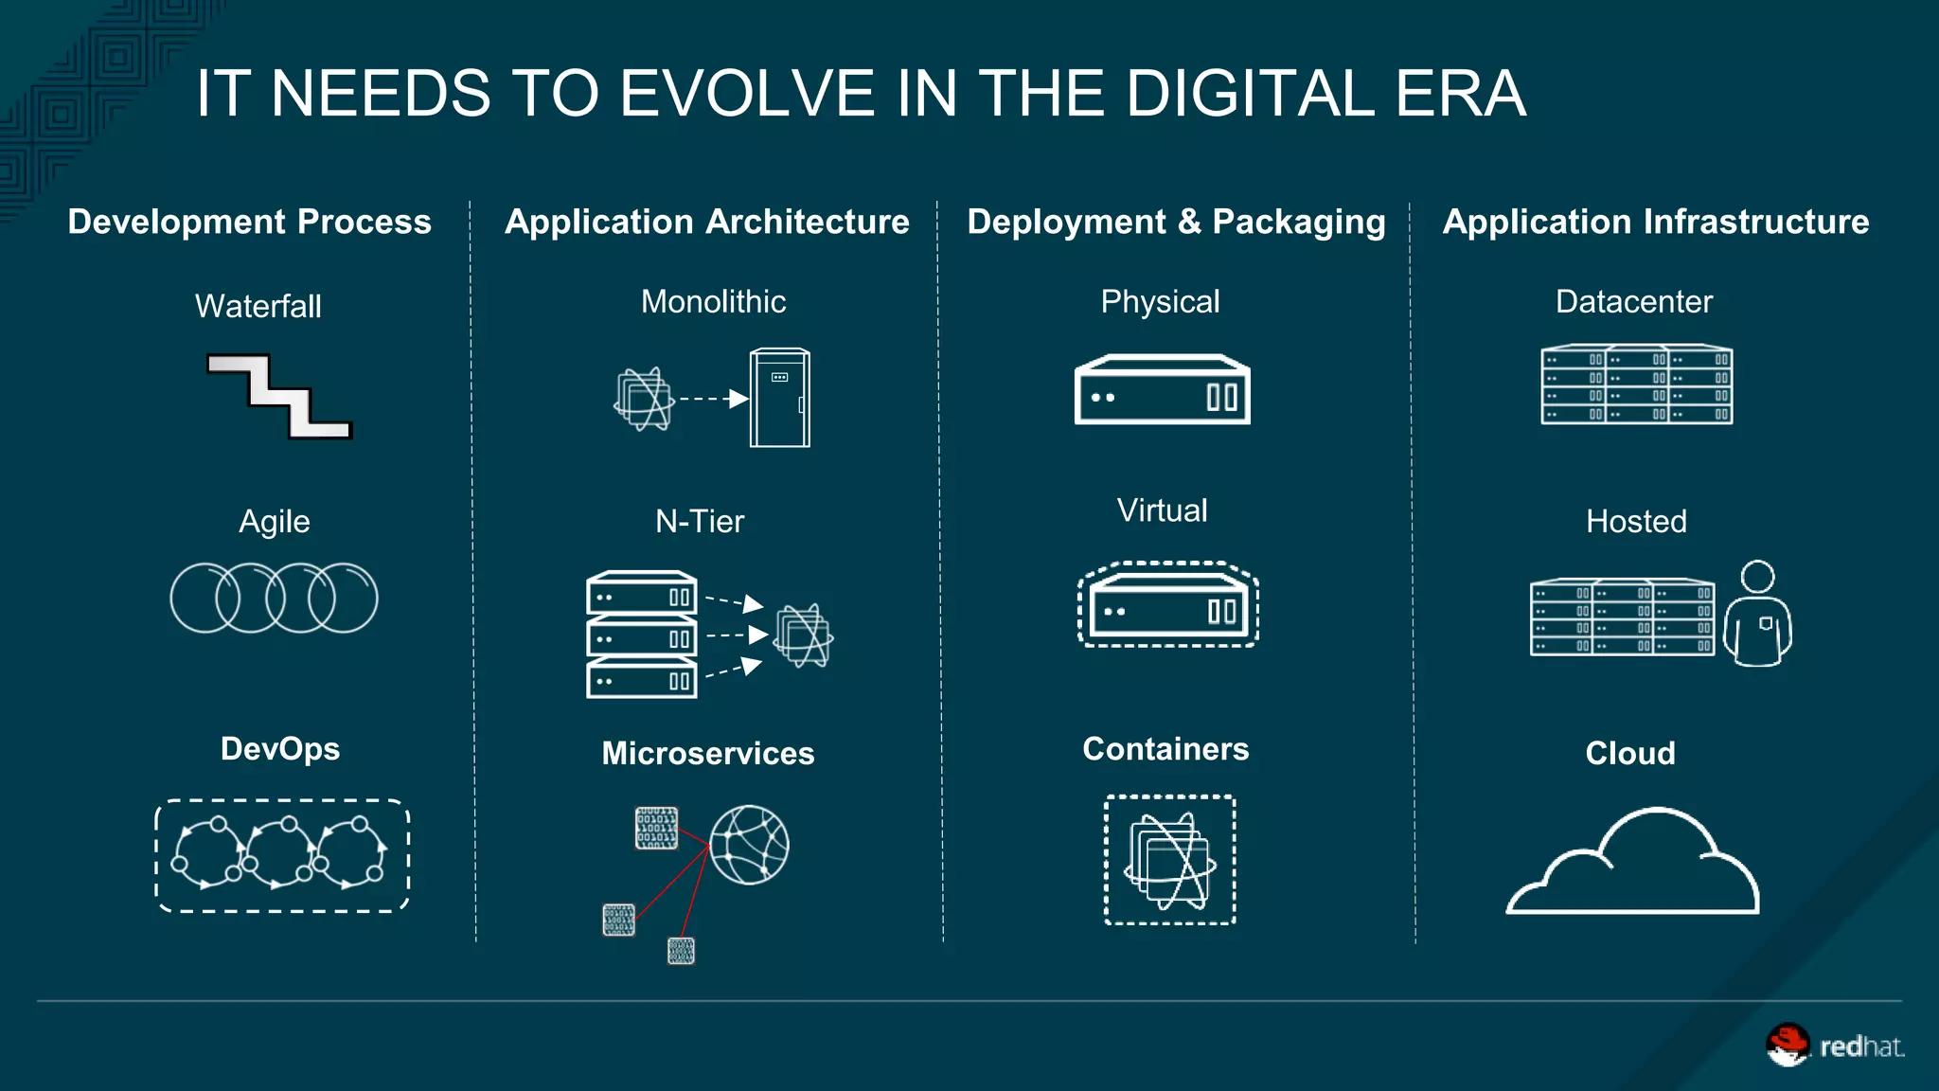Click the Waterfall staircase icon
pyautogui.click(x=279, y=396)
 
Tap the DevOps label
pyautogui.click(x=280, y=749)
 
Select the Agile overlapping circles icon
pyautogui.click(x=274, y=598)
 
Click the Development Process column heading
pyautogui.click(x=249, y=222)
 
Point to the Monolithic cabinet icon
pyautogui.click(x=779, y=398)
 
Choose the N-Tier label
pyautogui.click(x=700, y=522)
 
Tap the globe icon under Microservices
pyautogui.click(x=749, y=845)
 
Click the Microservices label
pyautogui.click(x=708, y=754)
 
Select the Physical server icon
pyautogui.click(x=1162, y=390)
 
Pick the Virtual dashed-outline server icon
pyautogui.click(x=1168, y=604)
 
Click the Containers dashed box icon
pyautogui.click(x=1170, y=860)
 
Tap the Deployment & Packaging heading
pyautogui.click(x=1176, y=222)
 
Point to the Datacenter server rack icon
pyautogui.click(x=1636, y=385)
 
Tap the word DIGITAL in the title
pyautogui.click(x=1250, y=94)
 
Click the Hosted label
pyautogui.click(x=1636, y=522)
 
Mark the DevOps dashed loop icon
pyautogui.click(x=282, y=855)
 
